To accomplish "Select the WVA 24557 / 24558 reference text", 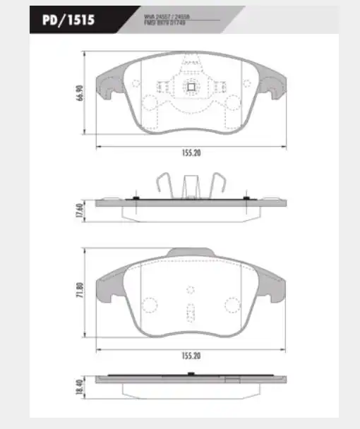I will [167, 13].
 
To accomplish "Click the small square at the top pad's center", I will [189, 87].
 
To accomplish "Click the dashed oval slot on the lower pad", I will [189, 310].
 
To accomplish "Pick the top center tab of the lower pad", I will [189, 252].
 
